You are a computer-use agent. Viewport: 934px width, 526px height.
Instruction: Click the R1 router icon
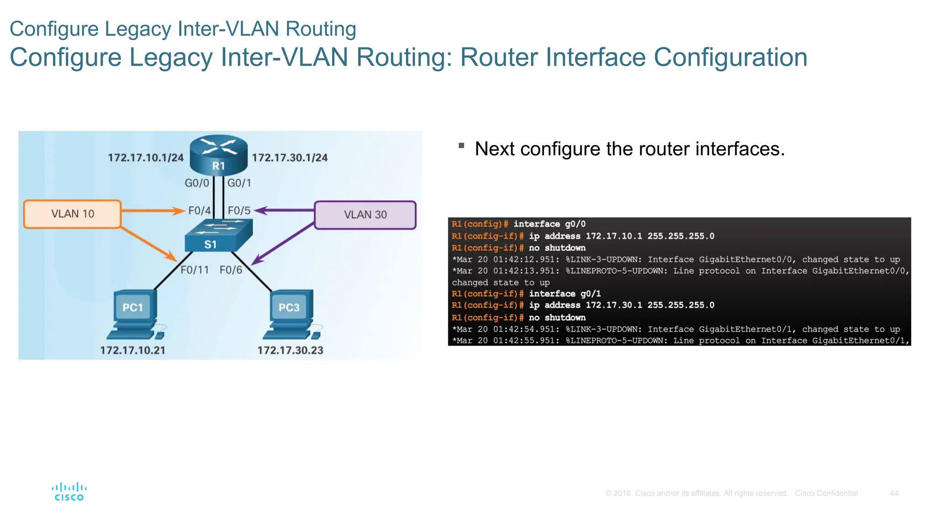pyautogui.click(x=218, y=155)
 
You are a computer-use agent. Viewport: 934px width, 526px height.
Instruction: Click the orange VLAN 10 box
pyautogui.click(x=72, y=214)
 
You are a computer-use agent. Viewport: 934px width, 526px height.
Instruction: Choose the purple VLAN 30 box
pyautogui.click(x=365, y=215)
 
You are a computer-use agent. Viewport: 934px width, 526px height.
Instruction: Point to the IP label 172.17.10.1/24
pyautogui.click(x=145, y=158)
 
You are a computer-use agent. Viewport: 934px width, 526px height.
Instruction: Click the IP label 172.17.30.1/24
pyautogui.click(x=290, y=158)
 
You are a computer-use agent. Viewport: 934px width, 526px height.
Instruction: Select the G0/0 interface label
pyautogui.click(x=197, y=183)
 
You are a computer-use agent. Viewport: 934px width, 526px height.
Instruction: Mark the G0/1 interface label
pyautogui.click(x=239, y=183)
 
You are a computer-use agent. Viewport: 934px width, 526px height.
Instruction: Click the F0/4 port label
pyautogui.click(x=199, y=210)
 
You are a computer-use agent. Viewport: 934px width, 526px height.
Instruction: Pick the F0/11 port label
pyautogui.click(x=194, y=270)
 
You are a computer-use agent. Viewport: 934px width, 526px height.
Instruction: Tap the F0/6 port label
pyautogui.click(x=231, y=270)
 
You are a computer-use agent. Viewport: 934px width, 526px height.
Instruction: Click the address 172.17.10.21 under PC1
pyautogui.click(x=133, y=350)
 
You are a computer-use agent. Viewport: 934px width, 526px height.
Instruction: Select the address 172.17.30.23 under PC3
pyautogui.click(x=290, y=350)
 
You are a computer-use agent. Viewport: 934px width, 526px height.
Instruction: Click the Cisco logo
pyautogui.click(x=69, y=492)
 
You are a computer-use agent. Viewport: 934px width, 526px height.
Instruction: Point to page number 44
pyautogui.click(x=894, y=494)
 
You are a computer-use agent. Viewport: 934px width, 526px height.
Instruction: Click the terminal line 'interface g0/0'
pyautogui.click(x=549, y=224)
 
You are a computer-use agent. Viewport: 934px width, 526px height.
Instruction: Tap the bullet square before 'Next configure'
pyautogui.click(x=461, y=146)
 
